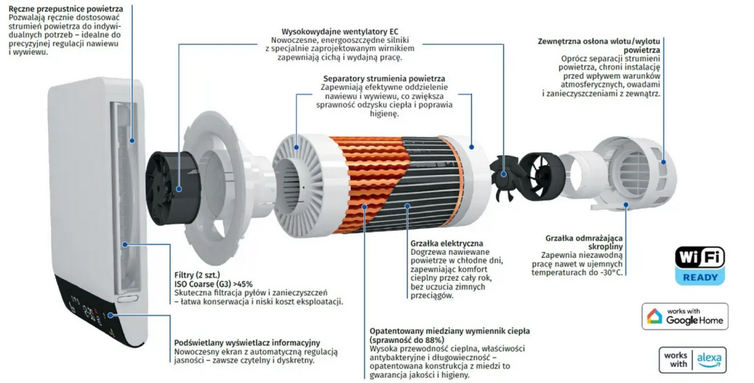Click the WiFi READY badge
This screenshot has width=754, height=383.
click(x=700, y=266)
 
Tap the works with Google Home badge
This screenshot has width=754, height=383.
click(x=685, y=316)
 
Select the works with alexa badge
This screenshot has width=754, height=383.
click(x=692, y=360)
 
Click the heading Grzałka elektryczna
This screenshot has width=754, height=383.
click(x=446, y=243)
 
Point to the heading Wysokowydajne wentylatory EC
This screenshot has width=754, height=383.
click(x=340, y=32)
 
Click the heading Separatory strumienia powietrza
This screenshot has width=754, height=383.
click(x=384, y=78)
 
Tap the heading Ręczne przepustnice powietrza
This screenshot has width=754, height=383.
click(x=66, y=8)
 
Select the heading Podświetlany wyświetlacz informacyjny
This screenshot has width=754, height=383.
click(x=247, y=343)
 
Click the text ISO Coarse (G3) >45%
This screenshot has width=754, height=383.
click(x=213, y=284)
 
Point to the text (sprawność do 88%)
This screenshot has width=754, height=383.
click(x=407, y=340)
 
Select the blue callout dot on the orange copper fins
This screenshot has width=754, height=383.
click(x=364, y=206)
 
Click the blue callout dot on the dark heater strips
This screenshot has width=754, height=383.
click(x=408, y=206)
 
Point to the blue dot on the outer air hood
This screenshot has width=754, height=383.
click(x=664, y=162)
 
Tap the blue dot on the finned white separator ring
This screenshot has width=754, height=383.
click(x=297, y=147)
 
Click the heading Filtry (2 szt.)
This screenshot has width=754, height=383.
click(x=197, y=275)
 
